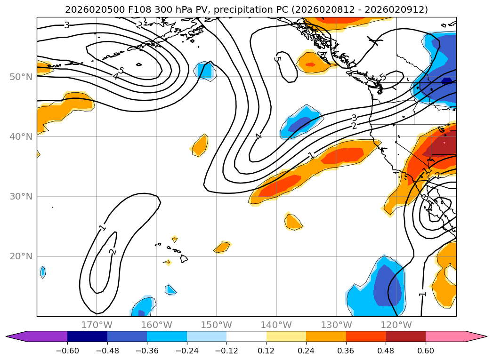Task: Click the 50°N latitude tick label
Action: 21,77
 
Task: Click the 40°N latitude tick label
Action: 21,136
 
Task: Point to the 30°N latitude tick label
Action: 21,197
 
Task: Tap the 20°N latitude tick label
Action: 21,256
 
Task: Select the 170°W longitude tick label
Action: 97,325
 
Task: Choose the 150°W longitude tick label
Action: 217,325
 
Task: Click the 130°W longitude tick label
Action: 336,325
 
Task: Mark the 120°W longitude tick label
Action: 396,325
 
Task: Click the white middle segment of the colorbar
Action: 246,336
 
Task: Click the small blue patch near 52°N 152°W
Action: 205,70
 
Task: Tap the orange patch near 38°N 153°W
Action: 200,145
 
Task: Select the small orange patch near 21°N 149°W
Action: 222,247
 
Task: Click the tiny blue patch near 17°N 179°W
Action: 43,272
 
